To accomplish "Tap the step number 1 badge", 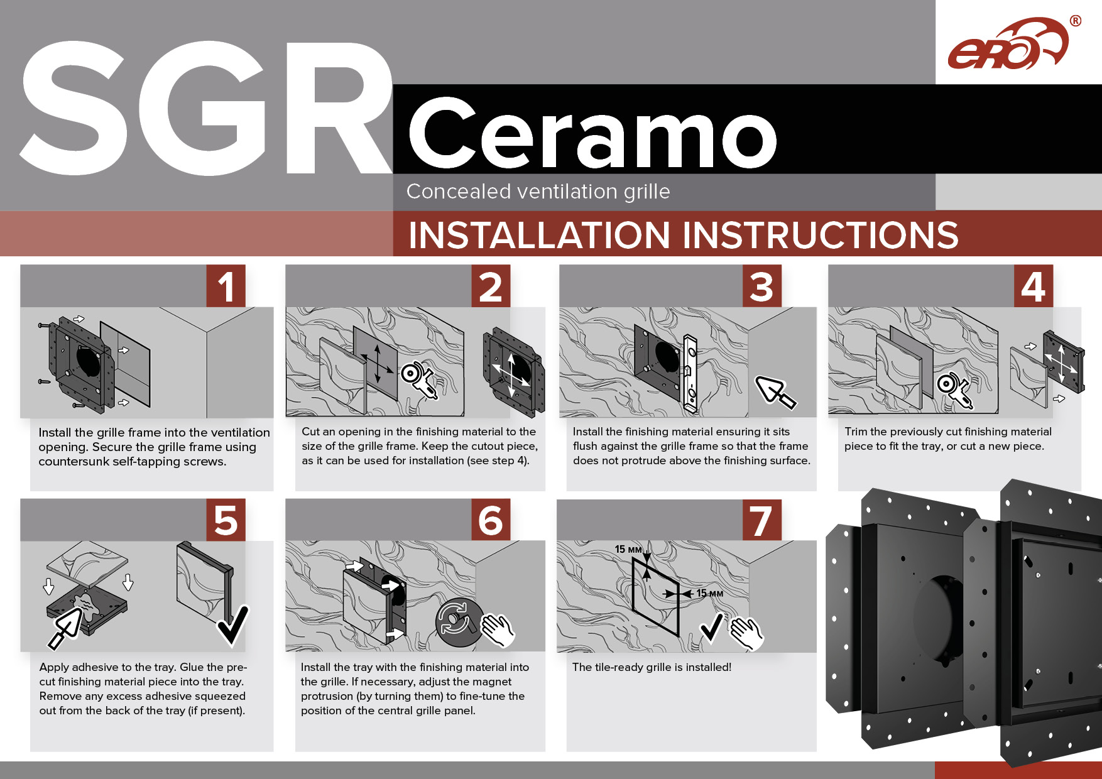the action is click(226, 286).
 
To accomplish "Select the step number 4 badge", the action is click(1034, 286).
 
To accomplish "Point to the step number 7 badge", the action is click(762, 520).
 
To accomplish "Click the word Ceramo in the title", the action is click(593, 133).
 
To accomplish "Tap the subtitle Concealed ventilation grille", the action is click(538, 191).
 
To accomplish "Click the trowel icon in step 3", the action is click(775, 391).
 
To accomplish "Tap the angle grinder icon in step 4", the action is click(954, 390).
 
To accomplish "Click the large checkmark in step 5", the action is click(233, 625).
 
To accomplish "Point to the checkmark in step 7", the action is click(711, 628).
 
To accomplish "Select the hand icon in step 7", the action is click(746, 633).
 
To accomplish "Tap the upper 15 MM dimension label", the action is click(628, 550).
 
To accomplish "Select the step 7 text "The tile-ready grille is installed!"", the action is click(652, 667).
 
